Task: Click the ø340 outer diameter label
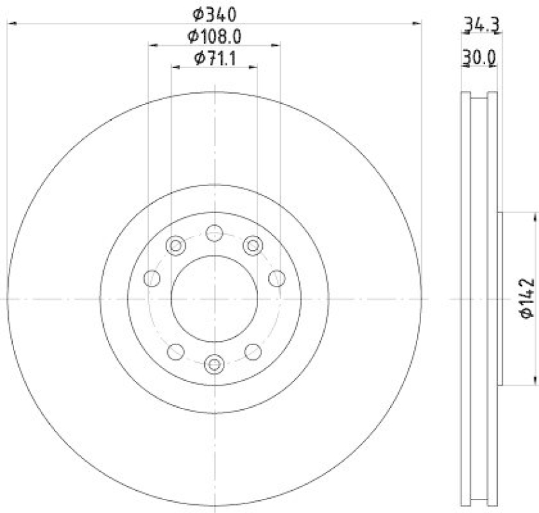(214, 13)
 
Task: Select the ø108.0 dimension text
(214, 36)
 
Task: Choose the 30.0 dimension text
(479, 59)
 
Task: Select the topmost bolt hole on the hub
(214, 233)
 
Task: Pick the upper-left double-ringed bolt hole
(176, 245)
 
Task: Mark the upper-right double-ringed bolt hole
(253, 245)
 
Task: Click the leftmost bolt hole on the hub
(152, 278)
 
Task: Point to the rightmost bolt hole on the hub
(276, 278)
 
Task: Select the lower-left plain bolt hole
(176, 351)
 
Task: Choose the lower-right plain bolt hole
(253, 351)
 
